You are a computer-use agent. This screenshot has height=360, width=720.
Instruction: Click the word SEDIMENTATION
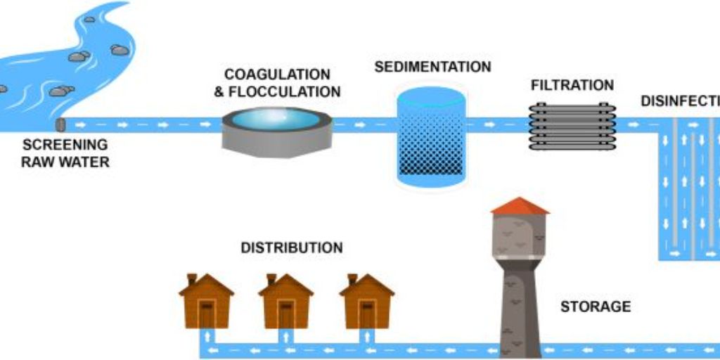coord(432,67)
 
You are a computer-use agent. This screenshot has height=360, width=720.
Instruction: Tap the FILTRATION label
coord(572,86)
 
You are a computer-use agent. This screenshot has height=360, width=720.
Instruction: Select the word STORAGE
coord(595,307)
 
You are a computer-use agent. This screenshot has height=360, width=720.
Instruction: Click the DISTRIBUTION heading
coord(292,248)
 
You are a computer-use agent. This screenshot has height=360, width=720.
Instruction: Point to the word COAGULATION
coord(277,75)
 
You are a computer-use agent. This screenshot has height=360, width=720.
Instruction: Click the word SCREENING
coord(65,145)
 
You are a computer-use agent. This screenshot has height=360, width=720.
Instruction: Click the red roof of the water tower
coord(520,205)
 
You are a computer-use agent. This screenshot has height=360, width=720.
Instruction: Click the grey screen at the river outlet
coord(60,125)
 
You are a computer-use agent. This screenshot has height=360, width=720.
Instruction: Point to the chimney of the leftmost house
coord(191,279)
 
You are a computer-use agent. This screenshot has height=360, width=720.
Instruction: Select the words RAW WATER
coord(65,162)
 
